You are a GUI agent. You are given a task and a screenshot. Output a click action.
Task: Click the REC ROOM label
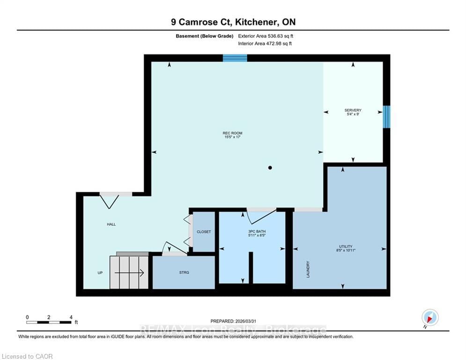[232, 133]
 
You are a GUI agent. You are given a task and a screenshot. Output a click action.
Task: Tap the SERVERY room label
[353, 110]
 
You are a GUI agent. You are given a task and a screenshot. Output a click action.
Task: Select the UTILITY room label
[346, 247]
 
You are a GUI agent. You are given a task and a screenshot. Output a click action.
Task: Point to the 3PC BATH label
[257, 231]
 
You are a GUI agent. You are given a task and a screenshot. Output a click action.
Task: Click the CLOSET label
[204, 232]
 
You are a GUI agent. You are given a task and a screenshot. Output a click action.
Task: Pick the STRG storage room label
[184, 272]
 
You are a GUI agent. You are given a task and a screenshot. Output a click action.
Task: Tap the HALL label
[111, 225]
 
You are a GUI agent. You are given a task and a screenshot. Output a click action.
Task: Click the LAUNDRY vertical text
[308, 270]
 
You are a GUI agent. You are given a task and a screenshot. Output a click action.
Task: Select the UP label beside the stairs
[100, 272]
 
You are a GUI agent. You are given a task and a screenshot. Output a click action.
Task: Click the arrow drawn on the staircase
[129, 272]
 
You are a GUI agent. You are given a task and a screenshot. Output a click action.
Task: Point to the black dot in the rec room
[270, 168]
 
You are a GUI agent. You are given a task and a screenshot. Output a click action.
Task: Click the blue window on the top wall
[235, 58]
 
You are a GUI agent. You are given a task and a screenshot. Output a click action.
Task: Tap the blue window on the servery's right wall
[386, 117]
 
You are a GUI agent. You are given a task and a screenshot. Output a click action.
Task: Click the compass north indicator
[430, 318]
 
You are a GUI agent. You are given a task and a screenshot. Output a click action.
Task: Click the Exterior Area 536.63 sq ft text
[266, 36]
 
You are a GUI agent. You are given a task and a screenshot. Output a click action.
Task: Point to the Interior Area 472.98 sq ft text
[265, 44]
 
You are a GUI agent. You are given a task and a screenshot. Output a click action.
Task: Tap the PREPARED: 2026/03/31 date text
[233, 321]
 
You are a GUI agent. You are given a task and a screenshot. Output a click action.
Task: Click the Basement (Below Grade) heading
[205, 36]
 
